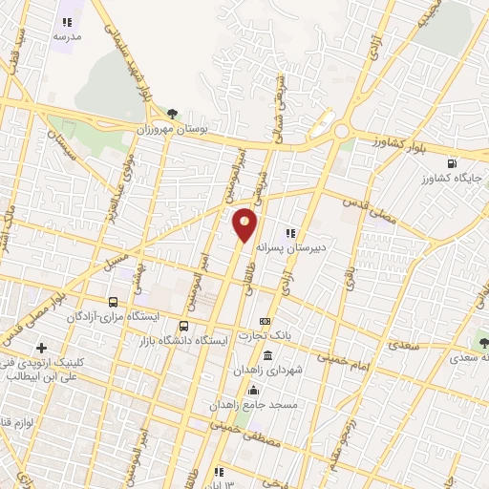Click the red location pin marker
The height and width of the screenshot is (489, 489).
click(245, 223)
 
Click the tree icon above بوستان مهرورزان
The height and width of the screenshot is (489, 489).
click(172, 113)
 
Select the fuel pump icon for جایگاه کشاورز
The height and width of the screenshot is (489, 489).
click(450, 162)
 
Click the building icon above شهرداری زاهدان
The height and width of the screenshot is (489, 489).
click(266, 356)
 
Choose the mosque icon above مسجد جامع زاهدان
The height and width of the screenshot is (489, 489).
click(253, 390)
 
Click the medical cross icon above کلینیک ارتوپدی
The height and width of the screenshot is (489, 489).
click(40, 349)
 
